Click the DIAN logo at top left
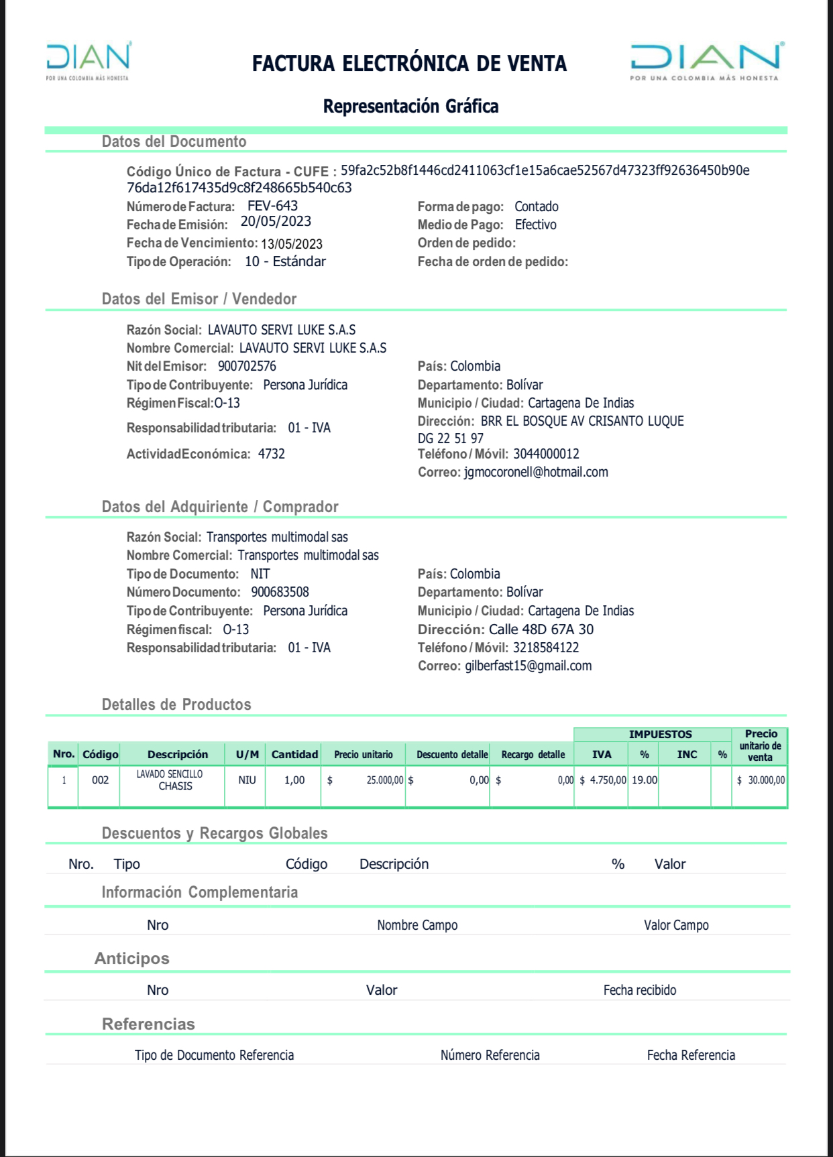tap(88, 59)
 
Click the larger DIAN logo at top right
tap(706, 60)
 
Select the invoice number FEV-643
tap(272, 206)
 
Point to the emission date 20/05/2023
tap(276, 222)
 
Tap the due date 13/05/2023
tap(292, 244)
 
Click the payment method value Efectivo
tap(535, 225)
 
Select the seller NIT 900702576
tap(247, 367)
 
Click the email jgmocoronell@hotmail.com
tap(536, 473)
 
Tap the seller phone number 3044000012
tap(546, 454)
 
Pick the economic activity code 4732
tap(272, 454)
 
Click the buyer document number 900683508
tap(280, 593)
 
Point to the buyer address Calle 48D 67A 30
tap(541, 629)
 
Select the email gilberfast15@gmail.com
tap(528, 666)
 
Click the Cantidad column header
tap(294, 755)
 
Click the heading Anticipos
tap(132, 959)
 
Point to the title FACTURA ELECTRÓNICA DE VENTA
tap(409, 64)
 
